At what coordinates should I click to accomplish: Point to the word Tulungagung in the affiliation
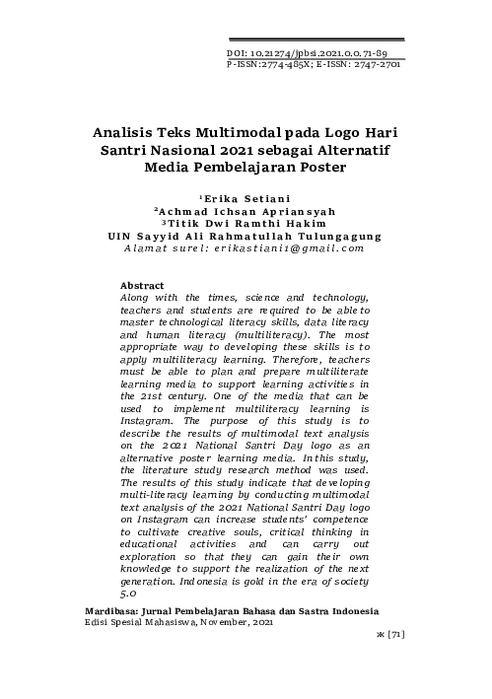tap(341, 237)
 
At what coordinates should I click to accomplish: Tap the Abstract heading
tap(136, 286)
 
